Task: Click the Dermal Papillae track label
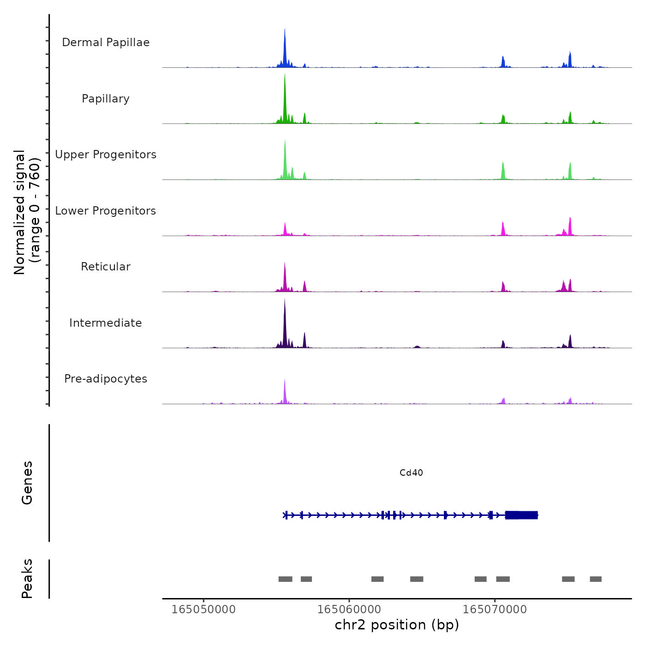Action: point(106,42)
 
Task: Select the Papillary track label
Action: point(106,99)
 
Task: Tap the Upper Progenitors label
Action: point(106,155)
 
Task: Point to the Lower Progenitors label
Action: point(106,211)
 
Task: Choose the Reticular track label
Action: point(106,267)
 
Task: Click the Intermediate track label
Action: point(106,323)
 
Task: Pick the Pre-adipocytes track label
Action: point(106,379)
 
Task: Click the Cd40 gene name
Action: point(411,473)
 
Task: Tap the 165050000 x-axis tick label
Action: point(203,609)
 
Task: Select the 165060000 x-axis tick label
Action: point(349,609)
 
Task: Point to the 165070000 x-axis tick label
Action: point(495,609)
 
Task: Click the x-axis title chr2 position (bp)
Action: point(397,625)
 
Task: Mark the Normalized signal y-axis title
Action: point(27,212)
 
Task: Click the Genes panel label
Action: point(27,483)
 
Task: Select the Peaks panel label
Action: point(27,579)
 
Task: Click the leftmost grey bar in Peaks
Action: point(285,579)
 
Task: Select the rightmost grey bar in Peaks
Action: point(596,579)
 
